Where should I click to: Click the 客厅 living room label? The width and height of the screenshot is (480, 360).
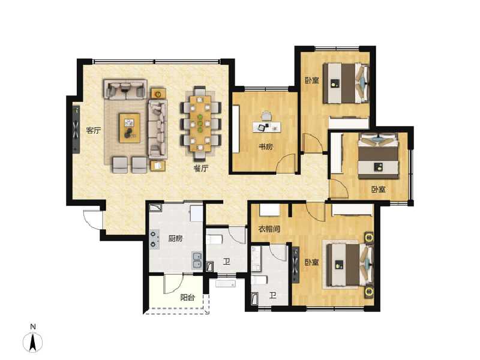pos(92,130)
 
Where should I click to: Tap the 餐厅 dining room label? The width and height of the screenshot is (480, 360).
pos(200,169)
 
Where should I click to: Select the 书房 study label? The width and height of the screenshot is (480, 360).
pos(266,147)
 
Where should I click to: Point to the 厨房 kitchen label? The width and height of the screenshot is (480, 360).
pos(175,238)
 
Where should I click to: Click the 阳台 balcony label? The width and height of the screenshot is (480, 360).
pos(187,297)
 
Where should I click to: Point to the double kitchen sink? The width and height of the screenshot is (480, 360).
pos(197,261)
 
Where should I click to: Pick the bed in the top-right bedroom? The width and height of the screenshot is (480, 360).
pos(346,83)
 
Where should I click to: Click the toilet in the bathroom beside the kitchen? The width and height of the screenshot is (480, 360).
pos(214,240)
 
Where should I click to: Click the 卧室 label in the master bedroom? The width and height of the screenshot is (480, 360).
pos(311,262)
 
